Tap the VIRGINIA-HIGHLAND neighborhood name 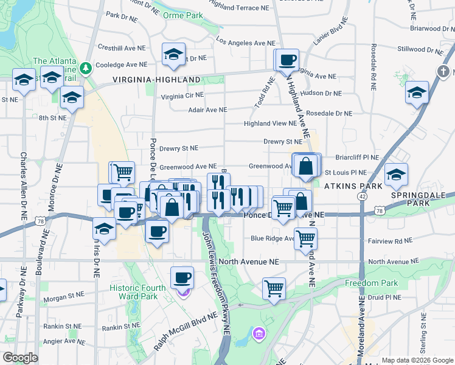point(156,80)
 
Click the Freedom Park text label point(371,283)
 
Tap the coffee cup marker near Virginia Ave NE point(288,60)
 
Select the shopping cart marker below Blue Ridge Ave point(305,237)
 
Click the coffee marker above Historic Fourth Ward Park point(182,277)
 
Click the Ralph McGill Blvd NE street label point(186,332)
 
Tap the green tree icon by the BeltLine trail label point(87,66)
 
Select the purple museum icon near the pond point(260,333)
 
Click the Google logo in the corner point(20,358)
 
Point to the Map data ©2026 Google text point(417,360)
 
